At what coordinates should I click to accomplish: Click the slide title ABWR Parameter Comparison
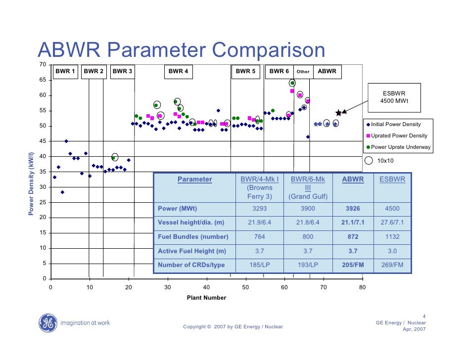[182, 51]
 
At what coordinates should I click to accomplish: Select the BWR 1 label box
[65, 71]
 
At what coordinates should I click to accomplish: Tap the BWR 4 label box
[178, 71]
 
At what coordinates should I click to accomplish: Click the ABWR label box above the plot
[327, 71]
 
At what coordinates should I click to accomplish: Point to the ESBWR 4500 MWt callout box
[394, 97]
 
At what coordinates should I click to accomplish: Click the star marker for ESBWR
[339, 113]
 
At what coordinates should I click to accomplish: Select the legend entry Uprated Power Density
[399, 135]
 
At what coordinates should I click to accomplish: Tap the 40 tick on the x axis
[206, 286]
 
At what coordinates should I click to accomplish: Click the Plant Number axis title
[206, 298]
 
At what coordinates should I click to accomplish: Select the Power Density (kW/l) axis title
[30, 184]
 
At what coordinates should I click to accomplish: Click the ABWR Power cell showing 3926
[353, 209]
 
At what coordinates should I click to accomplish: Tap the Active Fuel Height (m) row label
[192, 251]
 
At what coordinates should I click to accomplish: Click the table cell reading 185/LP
[259, 265]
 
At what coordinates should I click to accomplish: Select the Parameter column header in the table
[194, 180]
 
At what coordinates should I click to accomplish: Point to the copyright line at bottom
[233, 327]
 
